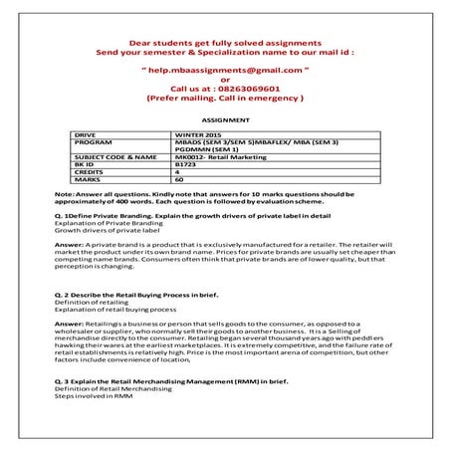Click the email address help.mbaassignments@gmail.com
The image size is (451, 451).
224,74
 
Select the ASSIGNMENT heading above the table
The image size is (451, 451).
225,117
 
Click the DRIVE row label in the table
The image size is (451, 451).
86,132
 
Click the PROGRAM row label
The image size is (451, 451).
92,140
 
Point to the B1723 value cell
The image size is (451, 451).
185,164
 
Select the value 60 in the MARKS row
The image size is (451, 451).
179,179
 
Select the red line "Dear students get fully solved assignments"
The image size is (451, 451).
224,42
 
